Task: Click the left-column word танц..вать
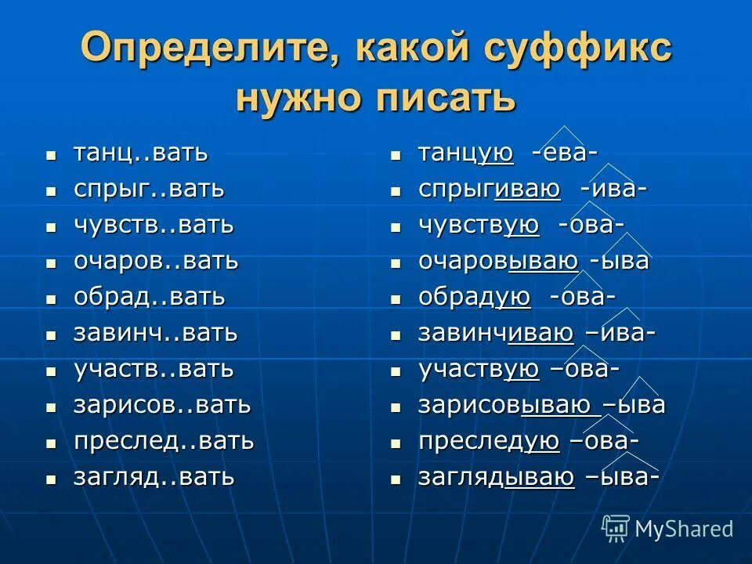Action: pos(141,153)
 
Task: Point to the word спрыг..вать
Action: pos(149,189)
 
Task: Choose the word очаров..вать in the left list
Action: pos(156,261)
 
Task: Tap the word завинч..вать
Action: pos(155,333)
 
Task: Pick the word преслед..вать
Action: pos(164,441)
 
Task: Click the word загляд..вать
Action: pos(154,477)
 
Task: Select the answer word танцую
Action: pos(466,154)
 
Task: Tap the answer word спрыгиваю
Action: pos(489,190)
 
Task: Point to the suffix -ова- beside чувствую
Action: pos(591,226)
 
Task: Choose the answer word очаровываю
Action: pos(498,262)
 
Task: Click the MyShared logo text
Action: pos(683,529)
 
